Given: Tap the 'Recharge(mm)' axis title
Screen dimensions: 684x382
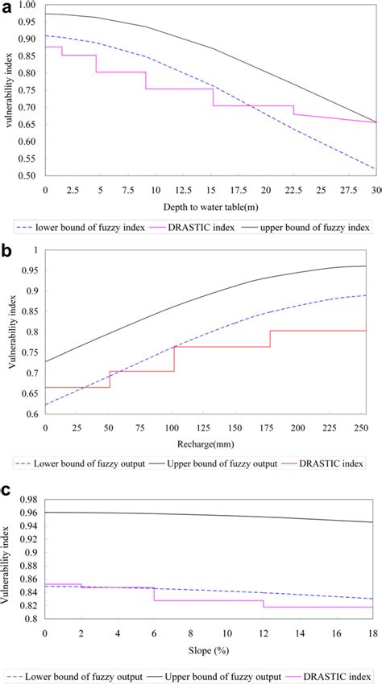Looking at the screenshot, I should pos(208,443).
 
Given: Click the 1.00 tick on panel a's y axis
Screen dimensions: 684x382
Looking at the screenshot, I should pos(27,5).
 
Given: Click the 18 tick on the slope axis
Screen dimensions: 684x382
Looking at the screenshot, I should pos(372,632).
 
